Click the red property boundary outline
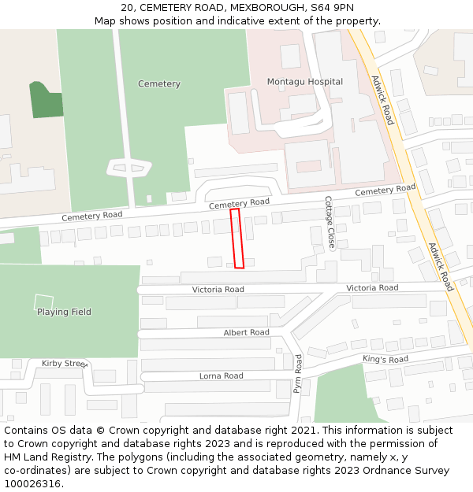click(236, 238)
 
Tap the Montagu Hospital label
click(304, 82)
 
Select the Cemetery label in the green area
click(159, 84)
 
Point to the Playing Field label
click(64, 313)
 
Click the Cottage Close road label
click(330, 223)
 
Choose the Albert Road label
click(246, 333)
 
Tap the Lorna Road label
click(221, 376)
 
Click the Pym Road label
click(298, 374)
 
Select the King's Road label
click(385, 360)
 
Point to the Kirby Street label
click(64, 364)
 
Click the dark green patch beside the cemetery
click(47, 100)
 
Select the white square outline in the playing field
click(44, 301)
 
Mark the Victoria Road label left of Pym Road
click(218, 290)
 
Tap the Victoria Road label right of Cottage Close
click(372, 288)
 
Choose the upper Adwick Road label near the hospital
click(382, 100)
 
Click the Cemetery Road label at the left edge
click(92, 216)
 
